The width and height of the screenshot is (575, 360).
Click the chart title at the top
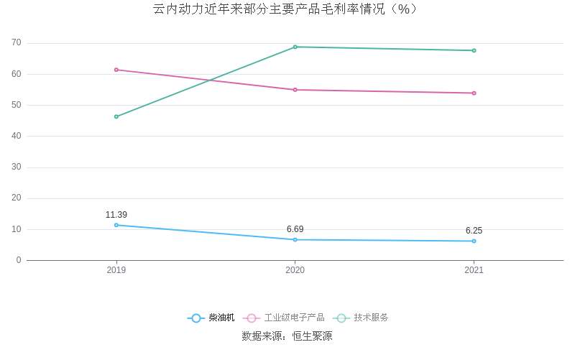click(x=285, y=9)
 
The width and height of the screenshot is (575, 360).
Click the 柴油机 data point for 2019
click(x=116, y=225)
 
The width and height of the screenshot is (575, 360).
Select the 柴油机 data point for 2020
click(x=295, y=239)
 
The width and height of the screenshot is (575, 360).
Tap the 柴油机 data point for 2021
click(x=474, y=241)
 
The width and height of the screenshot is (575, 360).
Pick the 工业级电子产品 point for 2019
click(x=116, y=70)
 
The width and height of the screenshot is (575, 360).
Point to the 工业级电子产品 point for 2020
click(x=295, y=90)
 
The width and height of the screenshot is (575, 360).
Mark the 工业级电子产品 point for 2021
click(x=474, y=93)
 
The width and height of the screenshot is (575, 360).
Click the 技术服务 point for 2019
click(x=116, y=116)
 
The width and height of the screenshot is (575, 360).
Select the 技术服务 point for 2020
click(x=295, y=47)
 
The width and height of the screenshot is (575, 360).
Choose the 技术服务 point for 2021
click(x=474, y=50)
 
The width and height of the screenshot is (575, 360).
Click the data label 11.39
click(x=116, y=215)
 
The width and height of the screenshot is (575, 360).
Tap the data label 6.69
click(x=295, y=229)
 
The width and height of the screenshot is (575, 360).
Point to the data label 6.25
click(x=474, y=231)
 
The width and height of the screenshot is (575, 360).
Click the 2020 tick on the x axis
click(x=295, y=270)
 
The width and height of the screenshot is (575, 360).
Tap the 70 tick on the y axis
click(x=17, y=43)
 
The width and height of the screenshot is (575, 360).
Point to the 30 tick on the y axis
click(x=17, y=167)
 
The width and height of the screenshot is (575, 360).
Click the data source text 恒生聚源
click(x=312, y=336)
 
